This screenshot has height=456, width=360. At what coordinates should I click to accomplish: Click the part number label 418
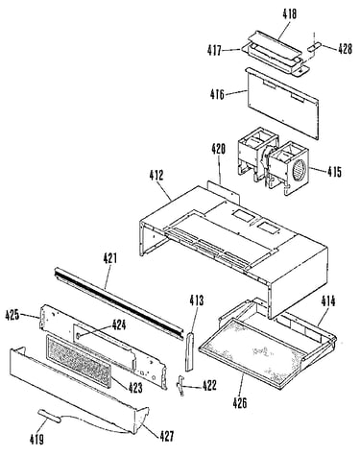[x=289, y=14]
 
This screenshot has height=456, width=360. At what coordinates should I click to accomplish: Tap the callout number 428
[x=345, y=49]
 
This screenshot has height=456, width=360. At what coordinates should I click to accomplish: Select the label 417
[x=214, y=50]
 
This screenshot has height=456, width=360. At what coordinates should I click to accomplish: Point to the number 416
[x=217, y=94]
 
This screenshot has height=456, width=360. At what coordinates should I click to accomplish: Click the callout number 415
[x=334, y=172]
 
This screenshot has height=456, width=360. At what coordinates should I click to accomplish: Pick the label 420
[x=218, y=149]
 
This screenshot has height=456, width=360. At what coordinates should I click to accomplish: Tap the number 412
[x=156, y=175]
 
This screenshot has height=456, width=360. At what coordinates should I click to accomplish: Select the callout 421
[x=109, y=258]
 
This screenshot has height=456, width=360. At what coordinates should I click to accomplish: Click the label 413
[x=196, y=300]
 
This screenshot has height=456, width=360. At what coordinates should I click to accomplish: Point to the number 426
[x=240, y=402]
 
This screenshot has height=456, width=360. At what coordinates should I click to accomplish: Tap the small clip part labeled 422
[x=180, y=385]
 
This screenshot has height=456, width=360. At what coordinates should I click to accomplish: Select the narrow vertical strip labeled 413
[x=189, y=351]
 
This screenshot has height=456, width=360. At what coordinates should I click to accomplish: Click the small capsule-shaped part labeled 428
[x=314, y=47]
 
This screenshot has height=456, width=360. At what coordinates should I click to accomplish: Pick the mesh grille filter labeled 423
[x=79, y=361]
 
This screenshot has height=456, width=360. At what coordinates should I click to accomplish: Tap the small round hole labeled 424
[x=79, y=335]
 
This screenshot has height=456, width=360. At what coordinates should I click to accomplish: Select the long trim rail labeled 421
[x=119, y=303]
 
